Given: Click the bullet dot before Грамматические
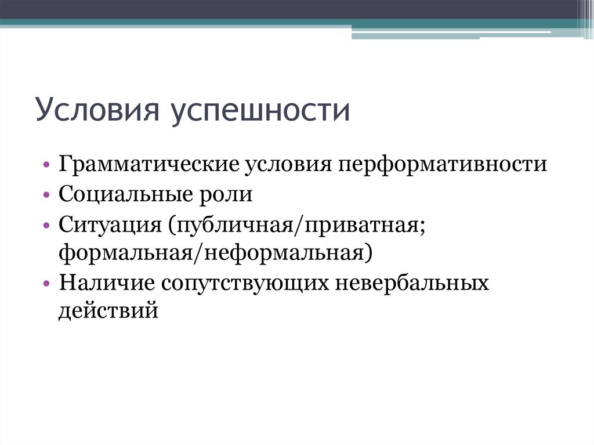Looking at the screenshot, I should coord(46,165).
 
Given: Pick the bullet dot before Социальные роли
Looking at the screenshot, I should coord(46,195).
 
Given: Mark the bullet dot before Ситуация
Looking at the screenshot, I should coord(46,225).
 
